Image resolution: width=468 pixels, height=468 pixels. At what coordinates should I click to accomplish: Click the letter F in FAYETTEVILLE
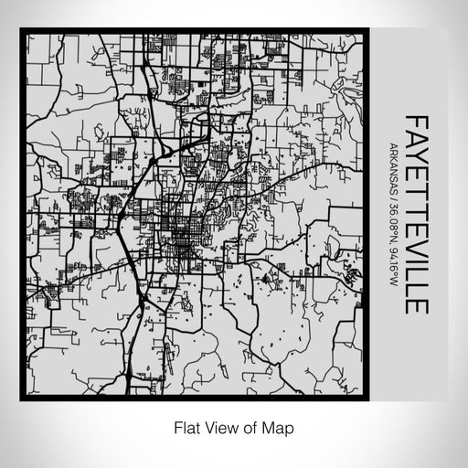coord(415,122)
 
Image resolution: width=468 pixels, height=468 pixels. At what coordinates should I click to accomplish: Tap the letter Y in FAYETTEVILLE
coord(415,154)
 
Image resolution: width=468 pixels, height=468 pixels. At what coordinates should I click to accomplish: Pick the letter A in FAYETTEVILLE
coord(415,137)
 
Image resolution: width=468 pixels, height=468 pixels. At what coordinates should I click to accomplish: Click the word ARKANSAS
coord(392,170)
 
